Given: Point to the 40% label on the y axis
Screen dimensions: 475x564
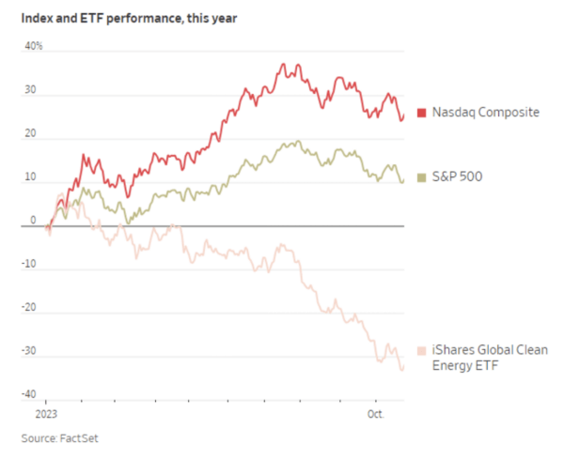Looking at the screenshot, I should [x=33, y=47].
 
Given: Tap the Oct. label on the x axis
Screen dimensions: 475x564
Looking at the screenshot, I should [x=374, y=413].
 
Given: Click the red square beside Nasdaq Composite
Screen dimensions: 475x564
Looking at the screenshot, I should [x=422, y=113].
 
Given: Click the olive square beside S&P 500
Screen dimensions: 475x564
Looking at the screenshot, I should [x=422, y=176].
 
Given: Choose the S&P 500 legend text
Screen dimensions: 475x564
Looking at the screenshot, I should [x=457, y=176].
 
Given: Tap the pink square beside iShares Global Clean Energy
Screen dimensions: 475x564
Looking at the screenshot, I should [x=422, y=350].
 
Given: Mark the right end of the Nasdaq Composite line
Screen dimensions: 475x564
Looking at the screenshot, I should [x=403, y=116].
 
